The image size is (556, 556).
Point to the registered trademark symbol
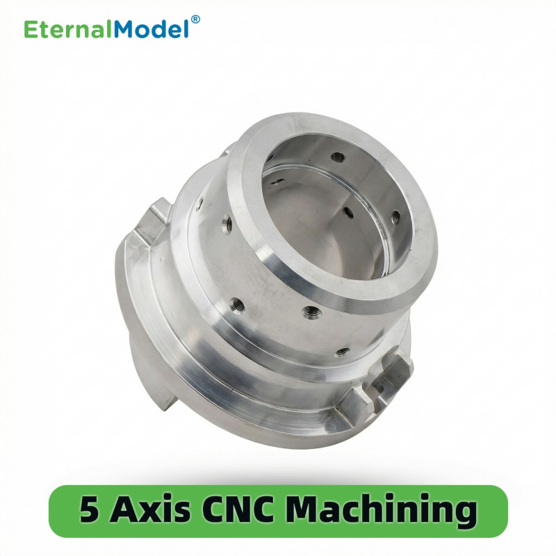click(195, 19)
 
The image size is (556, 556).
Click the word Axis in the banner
click(152, 512)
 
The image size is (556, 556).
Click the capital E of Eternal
click(31, 29)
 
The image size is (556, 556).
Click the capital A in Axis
click(125, 512)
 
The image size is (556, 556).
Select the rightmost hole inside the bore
click(395, 217)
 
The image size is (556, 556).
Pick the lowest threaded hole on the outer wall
click(341, 352)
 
